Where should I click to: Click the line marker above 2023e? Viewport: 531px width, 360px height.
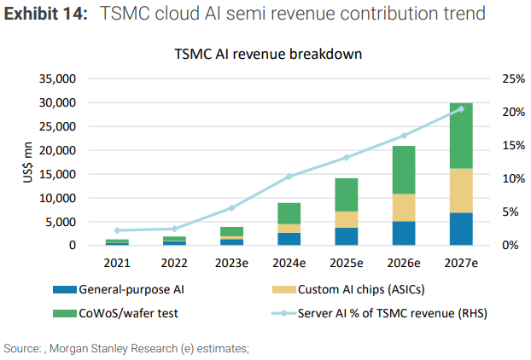232,207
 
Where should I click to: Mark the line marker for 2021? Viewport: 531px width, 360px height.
117,230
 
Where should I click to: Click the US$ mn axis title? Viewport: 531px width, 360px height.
16,162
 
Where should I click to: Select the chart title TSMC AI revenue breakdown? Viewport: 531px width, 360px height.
269,53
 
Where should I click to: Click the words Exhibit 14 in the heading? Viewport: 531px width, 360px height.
44,15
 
